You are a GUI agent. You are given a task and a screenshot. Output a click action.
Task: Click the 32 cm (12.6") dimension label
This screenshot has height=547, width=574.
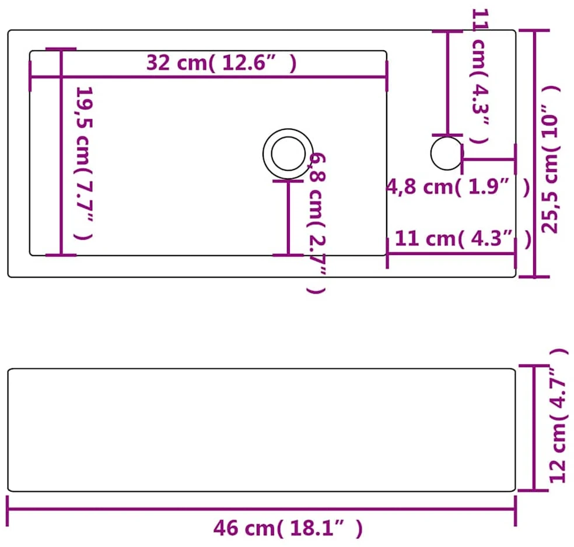pyautogui.click(x=222, y=63)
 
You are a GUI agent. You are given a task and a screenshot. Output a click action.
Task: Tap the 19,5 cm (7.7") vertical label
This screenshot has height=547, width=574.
pyautogui.click(x=83, y=163)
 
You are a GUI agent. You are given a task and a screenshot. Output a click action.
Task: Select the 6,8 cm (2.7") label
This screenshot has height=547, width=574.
pyautogui.click(x=317, y=223)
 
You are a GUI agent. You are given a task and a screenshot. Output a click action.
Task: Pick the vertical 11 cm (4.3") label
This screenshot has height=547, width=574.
pyautogui.click(x=480, y=76)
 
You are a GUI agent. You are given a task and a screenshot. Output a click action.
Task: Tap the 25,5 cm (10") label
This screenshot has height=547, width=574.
pyautogui.click(x=550, y=160)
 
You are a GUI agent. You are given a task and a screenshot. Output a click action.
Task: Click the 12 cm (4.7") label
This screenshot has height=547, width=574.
pyautogui.click(x=559, y=415)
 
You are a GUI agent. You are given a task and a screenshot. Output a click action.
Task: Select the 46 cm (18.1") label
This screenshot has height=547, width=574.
pyautogui.click(x=288, y=528)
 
